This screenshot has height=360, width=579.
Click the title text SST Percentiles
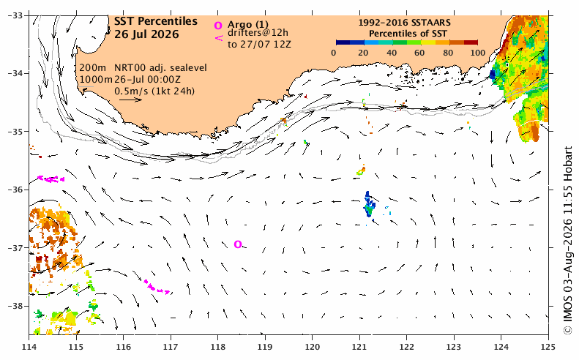(x=155, y=21)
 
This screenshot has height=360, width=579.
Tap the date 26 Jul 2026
(x=146, y=34)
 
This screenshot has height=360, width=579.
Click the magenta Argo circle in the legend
(x=218, y=26)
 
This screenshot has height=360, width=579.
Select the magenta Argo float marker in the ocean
(x=238, y=244)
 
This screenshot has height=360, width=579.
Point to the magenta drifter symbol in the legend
(x=219, y=37)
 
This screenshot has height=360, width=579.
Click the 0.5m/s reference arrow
(x=130, y=100)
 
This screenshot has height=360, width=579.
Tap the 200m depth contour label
(x=93, y=68)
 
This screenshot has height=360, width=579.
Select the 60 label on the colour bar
(x=419, y=53)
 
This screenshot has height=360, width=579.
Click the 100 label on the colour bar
(x=478, y=53)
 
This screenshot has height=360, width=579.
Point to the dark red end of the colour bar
(x=471, y=42)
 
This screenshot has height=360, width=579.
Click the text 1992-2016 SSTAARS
(x=404, y=23)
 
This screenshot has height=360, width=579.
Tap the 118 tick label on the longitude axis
(x=217, y=347)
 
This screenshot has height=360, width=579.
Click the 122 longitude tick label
(x=406, y=347)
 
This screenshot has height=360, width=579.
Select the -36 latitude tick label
(x=15, y=190)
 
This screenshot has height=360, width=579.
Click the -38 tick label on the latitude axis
(x=15, y=306)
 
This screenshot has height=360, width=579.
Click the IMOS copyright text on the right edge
(x=568, y=241)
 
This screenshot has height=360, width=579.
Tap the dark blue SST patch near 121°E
(x=369, y=206)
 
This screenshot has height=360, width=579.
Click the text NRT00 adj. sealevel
(x=160, y=68)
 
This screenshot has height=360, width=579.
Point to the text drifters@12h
(x=258, y=33)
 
